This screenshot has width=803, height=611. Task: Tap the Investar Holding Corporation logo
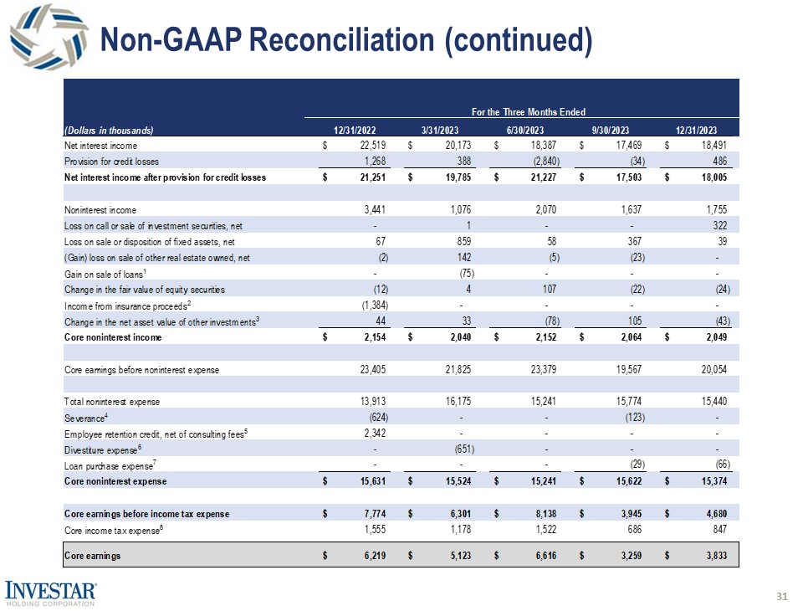pyautogui.click(x=52, y=591)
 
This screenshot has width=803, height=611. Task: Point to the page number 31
pyautogui.click(x=782, y=596)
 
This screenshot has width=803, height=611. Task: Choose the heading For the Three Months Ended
pyautogui.click(x=528, y=111)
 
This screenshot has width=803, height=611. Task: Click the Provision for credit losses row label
pyautogui.click(x=111, y=161)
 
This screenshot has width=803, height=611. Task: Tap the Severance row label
pyautogui.click(x=84, y=417)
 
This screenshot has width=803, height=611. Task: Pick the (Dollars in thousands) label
pyautogui.click(x=110, y=129)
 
